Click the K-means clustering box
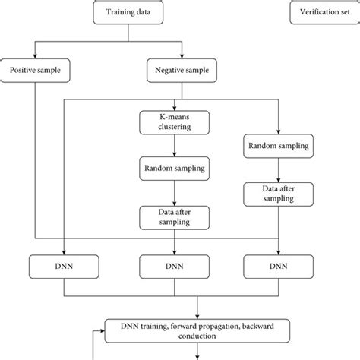(176, 122)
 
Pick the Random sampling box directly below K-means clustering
(176, 168)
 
